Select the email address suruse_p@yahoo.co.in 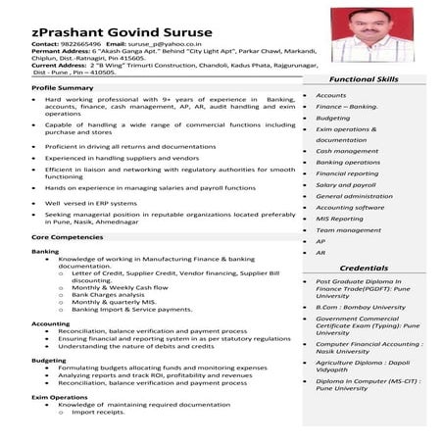[167, 44]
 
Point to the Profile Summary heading [62, 88]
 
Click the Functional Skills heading [363, 78]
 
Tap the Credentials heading [363, 268]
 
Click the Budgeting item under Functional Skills [332, 118]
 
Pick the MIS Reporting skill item [339, 219]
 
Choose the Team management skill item [348, 229]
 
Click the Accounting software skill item [350, 207]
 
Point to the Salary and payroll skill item [345, 184]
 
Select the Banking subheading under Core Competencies [45, 251]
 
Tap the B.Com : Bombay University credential [361, 307]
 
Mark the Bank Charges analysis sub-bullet [110, 294]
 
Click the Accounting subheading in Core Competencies [51, 323]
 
